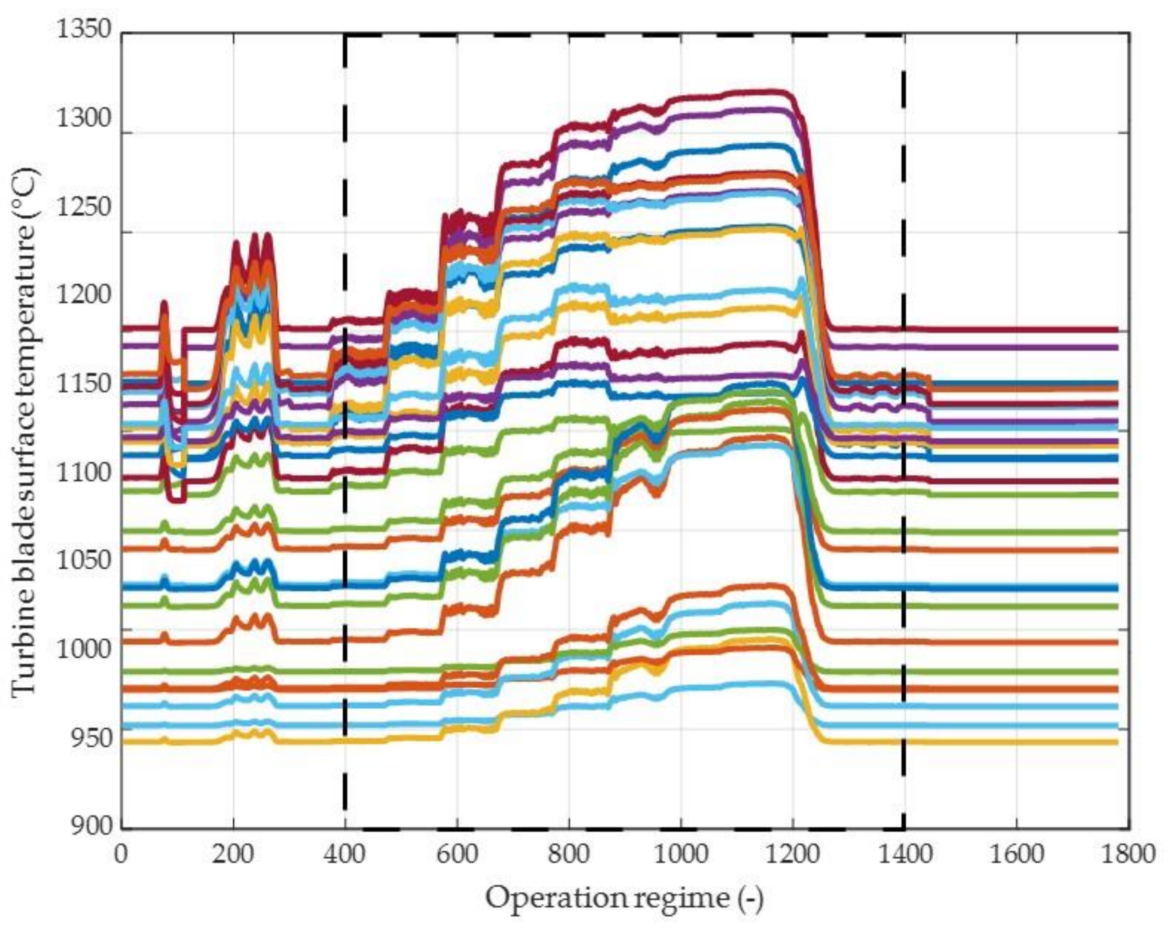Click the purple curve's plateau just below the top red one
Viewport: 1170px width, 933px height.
click(x=733, y=111)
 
